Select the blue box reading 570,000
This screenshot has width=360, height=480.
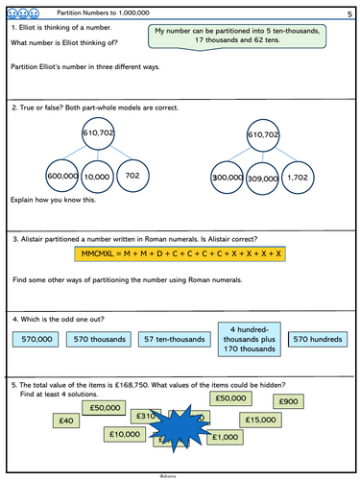38,340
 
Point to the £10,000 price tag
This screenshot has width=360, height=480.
124,435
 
